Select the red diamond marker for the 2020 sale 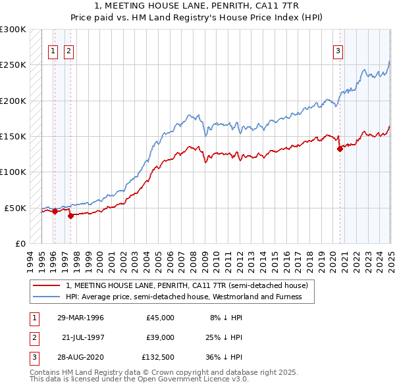tap(340, 149)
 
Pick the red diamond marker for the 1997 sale tap(70, 215)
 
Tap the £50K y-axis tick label tap(16, 208)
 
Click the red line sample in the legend tap(46, 286)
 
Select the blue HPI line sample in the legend tap(46, 297)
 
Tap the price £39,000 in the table tap(160, 337)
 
